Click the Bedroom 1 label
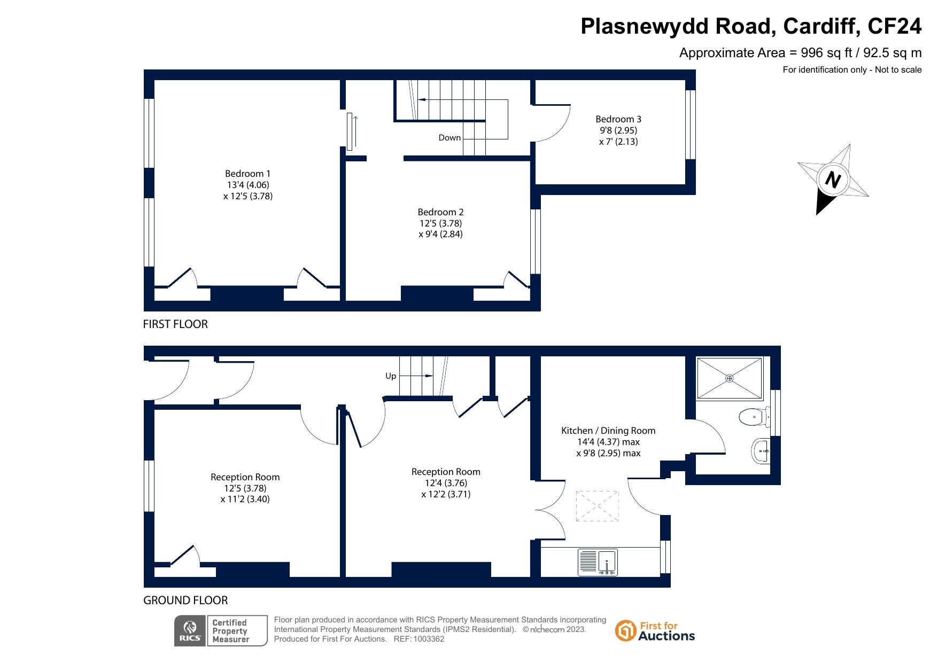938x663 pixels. click(247, 174)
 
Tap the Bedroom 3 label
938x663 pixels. click(618, 119)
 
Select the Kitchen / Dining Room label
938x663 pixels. click(608, 431)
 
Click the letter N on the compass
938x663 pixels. click(833, 180)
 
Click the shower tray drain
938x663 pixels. click(730, 378)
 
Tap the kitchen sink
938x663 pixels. click(598, 563)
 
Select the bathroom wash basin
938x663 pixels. click(761, 451)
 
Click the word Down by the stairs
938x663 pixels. click(449, 138)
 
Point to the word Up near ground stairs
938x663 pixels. click(391, 376)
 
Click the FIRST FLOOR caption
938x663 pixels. click(175, 324)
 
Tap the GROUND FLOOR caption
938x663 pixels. click(185, 600)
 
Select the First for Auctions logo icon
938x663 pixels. click(625, 630)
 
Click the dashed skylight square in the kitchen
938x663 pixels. click(597, 506)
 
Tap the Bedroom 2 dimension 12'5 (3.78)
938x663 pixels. click(440, 223)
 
